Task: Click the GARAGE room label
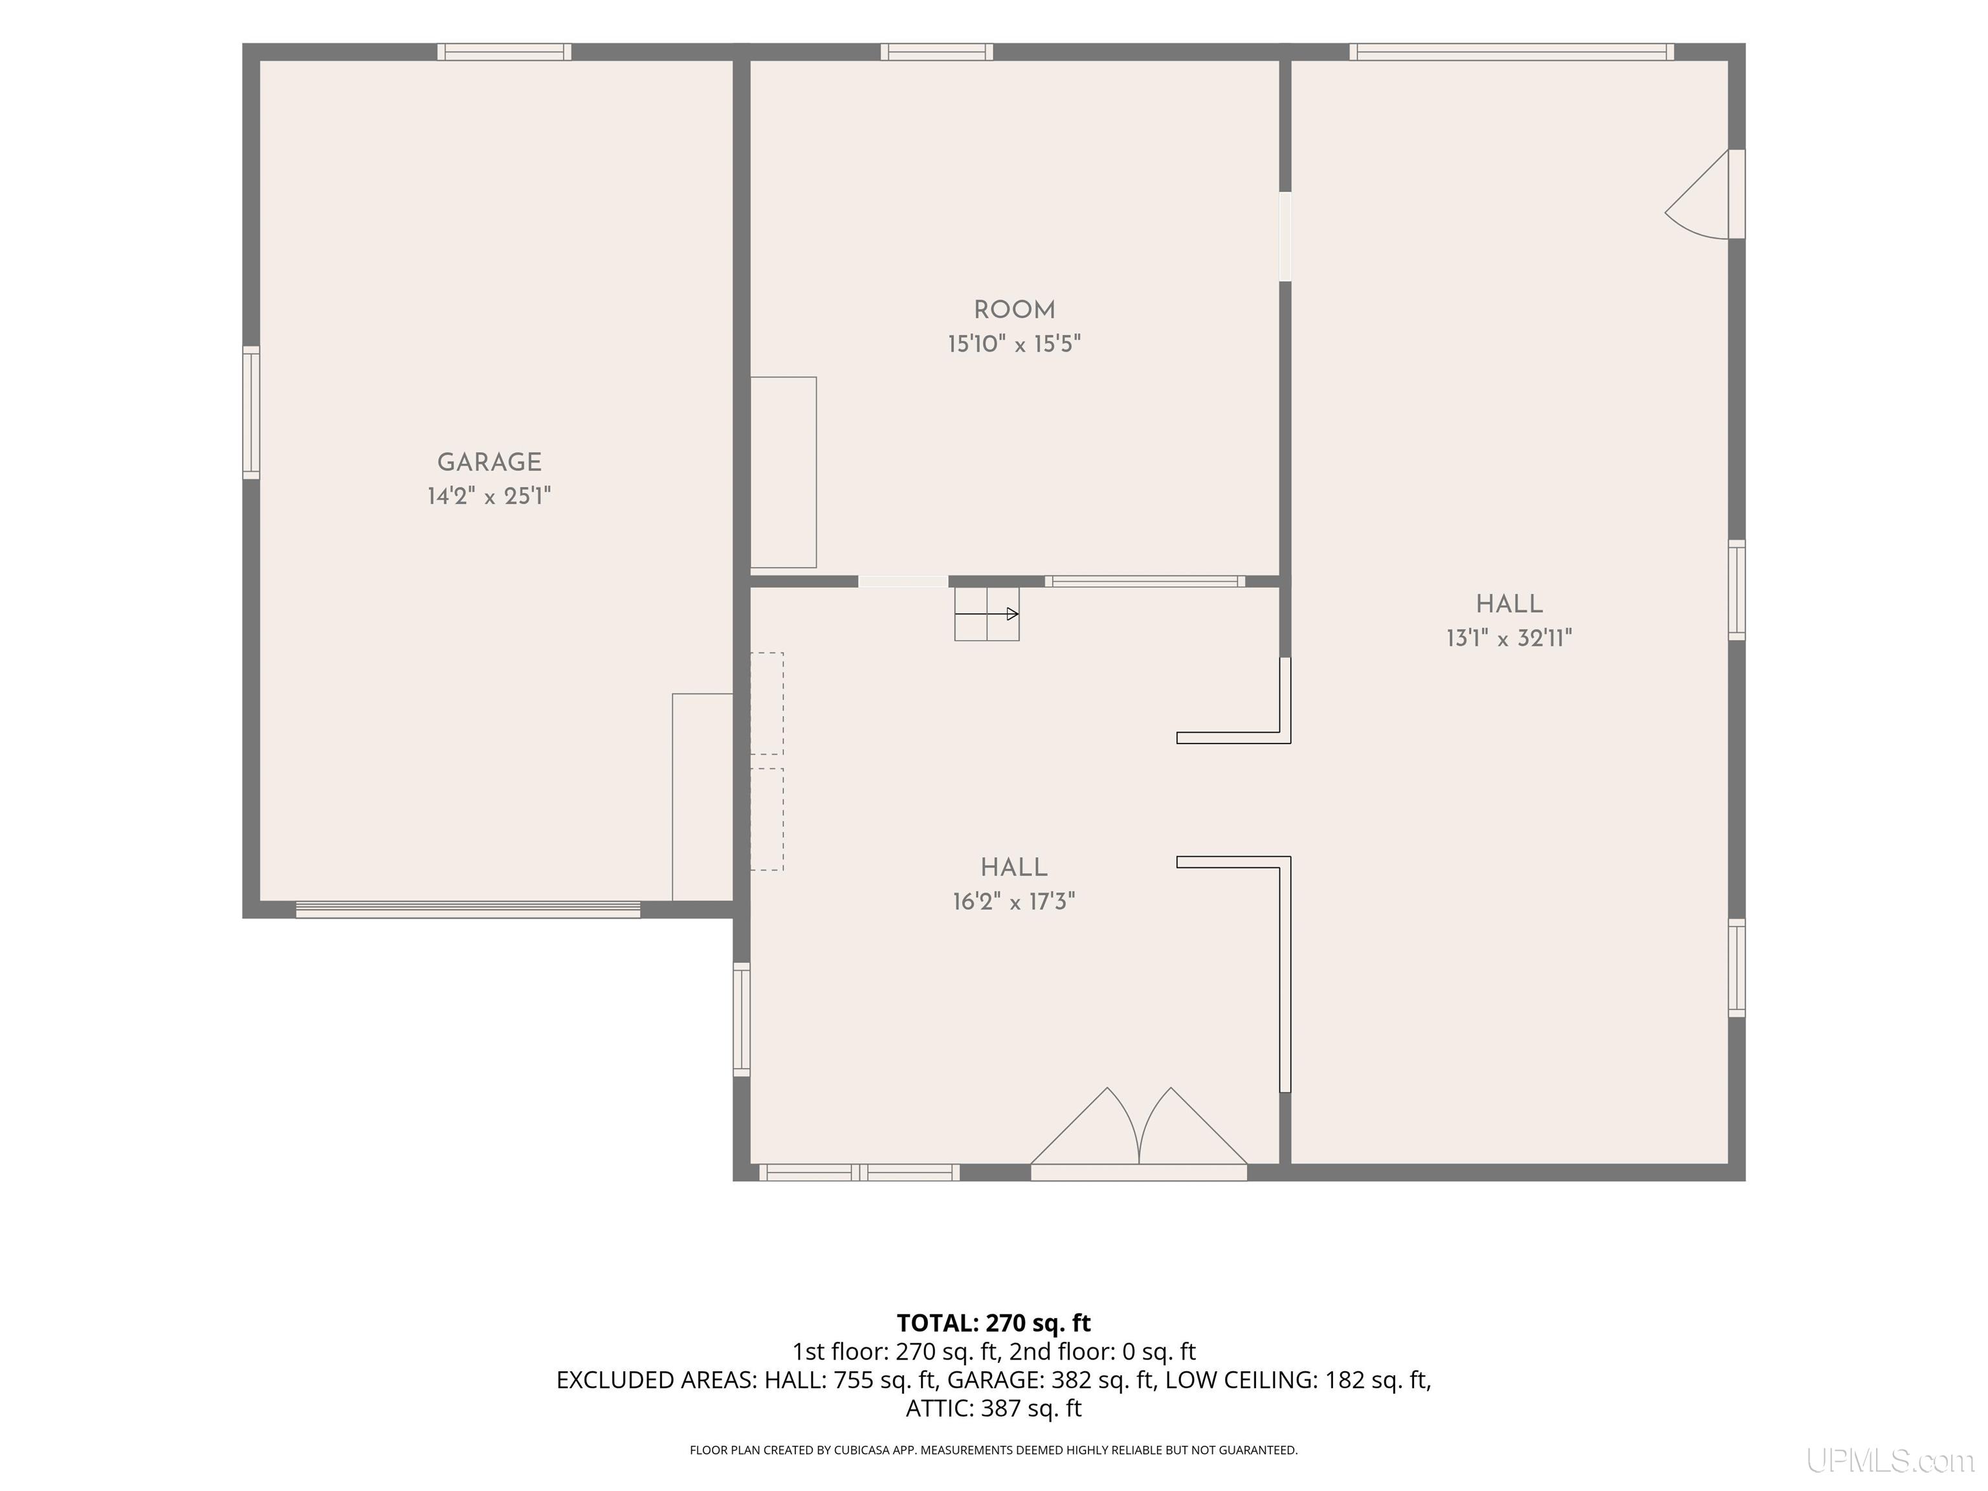pos(489,462)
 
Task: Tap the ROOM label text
pos(1014,310)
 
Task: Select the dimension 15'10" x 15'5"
pos(1014,344)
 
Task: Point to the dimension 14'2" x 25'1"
pos(489,496)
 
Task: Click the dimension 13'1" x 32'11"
pos(1509,638)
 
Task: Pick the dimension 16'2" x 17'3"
pos(1014,901)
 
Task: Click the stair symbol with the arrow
pos(987,615)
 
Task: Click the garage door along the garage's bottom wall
pos(469,909)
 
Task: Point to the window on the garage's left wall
pos(252,412)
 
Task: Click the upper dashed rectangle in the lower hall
pos(767,703)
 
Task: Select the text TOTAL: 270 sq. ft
pos(993,1323)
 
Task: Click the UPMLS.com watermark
pos(1890,1461)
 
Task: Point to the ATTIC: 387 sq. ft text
pos(993,1408)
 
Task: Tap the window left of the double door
pos(860,1172)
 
